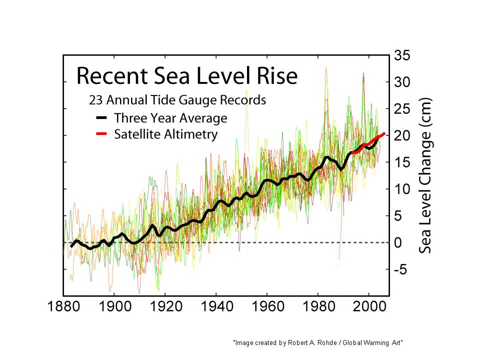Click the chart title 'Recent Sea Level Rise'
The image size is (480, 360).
[186, 76]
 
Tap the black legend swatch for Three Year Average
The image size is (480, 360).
[101, 118]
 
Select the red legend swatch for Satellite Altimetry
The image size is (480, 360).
[101, 134]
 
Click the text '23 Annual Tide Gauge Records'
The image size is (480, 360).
[177, 100]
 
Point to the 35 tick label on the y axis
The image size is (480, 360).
[402, 55]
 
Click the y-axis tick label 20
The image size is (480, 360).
[402, 136]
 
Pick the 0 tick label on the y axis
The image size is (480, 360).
[399, 243]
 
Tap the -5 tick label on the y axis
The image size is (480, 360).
[400, 270]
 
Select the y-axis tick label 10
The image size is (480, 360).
[402, 189]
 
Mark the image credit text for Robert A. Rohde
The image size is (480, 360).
[318, 342]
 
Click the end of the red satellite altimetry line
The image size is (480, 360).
[383, 133]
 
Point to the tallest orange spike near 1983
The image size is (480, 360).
[326, 68]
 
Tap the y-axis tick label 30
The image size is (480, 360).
[402, 82]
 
